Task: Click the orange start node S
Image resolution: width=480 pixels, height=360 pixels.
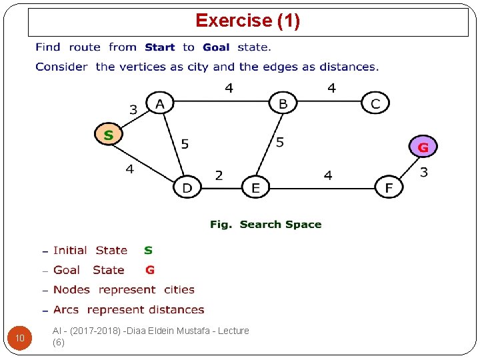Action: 109,135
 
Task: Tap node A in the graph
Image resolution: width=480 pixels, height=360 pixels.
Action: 159,103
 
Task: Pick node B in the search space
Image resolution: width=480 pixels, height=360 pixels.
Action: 283,103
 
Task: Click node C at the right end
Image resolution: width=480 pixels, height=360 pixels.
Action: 375,103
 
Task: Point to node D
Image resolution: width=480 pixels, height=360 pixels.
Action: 187,188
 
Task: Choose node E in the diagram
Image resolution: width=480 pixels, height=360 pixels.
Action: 255,188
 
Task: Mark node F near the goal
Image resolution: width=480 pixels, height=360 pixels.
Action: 389,188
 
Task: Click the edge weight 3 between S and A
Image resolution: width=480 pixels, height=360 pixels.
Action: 133,109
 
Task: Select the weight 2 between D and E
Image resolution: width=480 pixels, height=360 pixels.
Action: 219,175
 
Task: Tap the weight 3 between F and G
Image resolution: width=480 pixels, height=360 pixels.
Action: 424,172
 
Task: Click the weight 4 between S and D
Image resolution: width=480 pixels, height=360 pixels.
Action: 129,169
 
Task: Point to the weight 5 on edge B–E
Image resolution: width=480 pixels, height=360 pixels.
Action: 280,142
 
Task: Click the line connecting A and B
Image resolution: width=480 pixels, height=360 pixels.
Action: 220,102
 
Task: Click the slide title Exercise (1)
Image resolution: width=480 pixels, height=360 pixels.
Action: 247,21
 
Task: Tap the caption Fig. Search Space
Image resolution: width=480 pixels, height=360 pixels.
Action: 265,225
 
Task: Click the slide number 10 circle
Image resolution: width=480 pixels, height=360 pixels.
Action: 20,339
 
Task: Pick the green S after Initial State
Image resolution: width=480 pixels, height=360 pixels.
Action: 148,251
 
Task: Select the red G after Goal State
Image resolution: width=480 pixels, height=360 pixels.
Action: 150,270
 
